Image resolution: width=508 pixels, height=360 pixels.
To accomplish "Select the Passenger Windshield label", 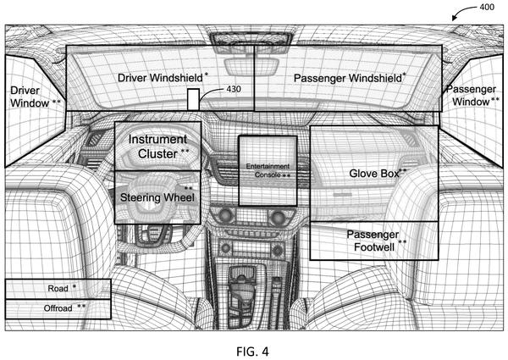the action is click(350, 78).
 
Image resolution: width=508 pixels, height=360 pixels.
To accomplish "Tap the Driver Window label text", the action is click(35, 97).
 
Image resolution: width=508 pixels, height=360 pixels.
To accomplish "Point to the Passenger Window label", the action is click(473, 95).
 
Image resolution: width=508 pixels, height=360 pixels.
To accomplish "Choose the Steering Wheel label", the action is click(157, 197).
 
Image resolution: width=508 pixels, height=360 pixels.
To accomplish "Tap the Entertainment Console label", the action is click(268, 170).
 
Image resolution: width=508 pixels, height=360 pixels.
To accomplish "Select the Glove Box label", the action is click(378, 173).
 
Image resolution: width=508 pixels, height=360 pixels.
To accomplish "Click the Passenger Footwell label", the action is click(377, 241).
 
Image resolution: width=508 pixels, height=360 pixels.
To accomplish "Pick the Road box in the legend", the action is click(58, 289).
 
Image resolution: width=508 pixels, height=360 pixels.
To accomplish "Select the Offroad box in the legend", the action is click(58, 309).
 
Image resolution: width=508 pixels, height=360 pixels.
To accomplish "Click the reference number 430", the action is click(234, 89).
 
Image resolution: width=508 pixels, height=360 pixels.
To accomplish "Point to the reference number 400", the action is click(487, 7).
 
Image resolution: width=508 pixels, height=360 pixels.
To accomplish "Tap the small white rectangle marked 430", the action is click(193, 99).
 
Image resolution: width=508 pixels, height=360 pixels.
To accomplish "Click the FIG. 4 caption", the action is click(252, 352).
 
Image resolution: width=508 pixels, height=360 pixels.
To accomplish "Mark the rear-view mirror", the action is click(251, 65).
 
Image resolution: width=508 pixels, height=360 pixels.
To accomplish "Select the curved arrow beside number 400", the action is click(464, 12).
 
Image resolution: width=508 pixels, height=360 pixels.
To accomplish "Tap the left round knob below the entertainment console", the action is click(225, 215).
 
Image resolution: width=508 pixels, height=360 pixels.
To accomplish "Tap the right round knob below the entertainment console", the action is click(277, 217).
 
